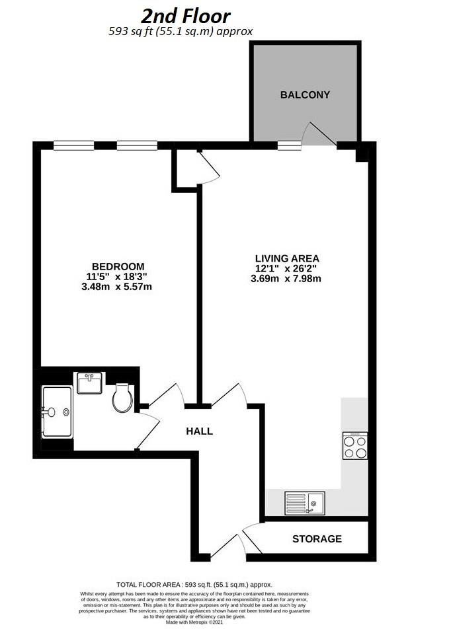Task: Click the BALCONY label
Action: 305,94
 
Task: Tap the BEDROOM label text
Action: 118,266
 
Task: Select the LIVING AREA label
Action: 287,258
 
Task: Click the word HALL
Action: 200,431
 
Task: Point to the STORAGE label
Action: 317,538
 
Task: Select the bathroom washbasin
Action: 89,383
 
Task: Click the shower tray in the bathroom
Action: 57,412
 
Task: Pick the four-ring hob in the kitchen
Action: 355,445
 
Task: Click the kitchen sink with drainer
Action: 305,503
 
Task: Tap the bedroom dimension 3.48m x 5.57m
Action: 116,287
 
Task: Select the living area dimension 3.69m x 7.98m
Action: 286,279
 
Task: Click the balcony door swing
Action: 319,132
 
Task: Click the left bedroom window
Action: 74,145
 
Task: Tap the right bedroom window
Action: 138,145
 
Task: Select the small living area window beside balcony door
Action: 289,145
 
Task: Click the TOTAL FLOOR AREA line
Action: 194,585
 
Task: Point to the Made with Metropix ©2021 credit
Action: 194,622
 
